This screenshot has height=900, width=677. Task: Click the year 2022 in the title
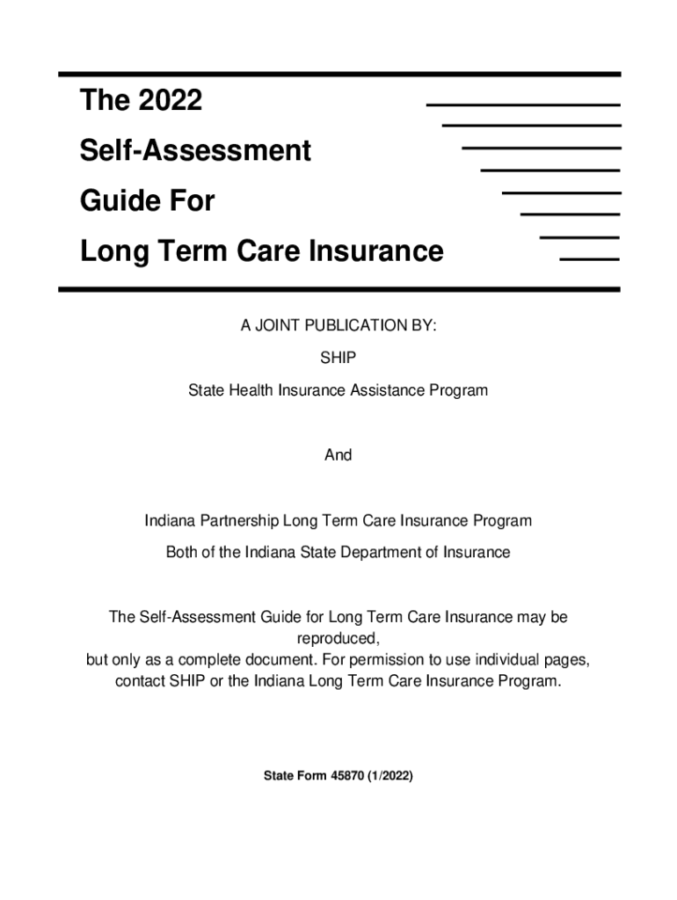(x=170, y=101)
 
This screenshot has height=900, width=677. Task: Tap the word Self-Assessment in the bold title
(x=195, y=151)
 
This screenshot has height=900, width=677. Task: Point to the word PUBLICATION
(x=356, y=326)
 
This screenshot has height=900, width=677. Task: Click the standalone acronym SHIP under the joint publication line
(x=338, y=358)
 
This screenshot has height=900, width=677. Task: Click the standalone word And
(x=338, y=454)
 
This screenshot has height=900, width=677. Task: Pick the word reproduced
(x=338, y=637)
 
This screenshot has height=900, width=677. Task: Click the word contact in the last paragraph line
(x=140, y=682)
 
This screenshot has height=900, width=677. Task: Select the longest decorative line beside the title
(x=523, y=105)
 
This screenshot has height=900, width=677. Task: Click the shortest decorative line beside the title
(x=589, y=258)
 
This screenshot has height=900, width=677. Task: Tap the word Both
(x=183, y=553)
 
